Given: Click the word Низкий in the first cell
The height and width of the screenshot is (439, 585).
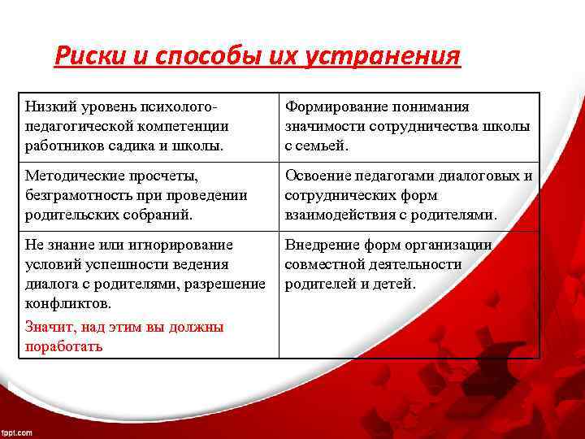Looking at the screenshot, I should point(49,107).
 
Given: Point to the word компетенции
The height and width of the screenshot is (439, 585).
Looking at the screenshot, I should point(183,127).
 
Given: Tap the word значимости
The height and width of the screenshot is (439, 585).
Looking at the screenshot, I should point(323,127).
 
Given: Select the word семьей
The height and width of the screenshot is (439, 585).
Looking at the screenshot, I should point(323,146).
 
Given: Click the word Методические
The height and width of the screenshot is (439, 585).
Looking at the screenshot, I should point(71,176).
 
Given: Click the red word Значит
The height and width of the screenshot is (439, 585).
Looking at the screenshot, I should point(48,327).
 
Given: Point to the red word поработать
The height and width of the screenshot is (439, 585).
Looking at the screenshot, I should point(64,346).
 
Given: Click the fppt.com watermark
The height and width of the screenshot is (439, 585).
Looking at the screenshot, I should point(17,432).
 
